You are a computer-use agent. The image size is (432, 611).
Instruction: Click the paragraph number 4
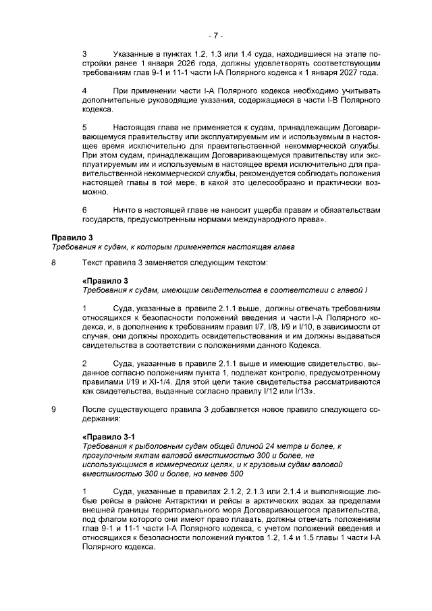pos(84,90)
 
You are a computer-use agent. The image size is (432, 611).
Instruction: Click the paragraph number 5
pos(84,126)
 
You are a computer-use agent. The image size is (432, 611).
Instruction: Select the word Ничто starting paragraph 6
pos(126,210)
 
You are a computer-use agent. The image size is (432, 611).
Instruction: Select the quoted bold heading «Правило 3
pos(104,280)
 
